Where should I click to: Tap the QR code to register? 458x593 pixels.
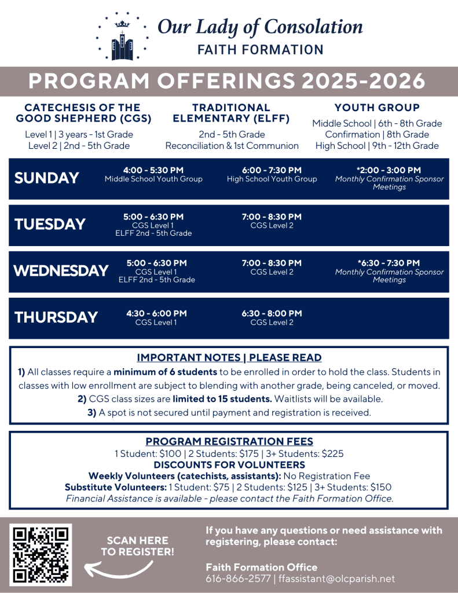click(x=41, y=554)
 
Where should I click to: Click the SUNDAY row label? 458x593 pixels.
click(x=46, y=178)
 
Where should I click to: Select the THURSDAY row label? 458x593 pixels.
click(x=56, y=317)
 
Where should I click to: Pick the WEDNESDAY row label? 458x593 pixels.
click(x=61, y=270)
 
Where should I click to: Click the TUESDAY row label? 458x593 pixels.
click(x=50, y=224)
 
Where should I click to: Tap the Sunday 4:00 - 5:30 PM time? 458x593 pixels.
click(x=153, y=170)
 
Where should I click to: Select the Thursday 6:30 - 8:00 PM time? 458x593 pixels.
click(x=272, y=313)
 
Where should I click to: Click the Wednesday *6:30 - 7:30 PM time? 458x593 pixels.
click(x=389, y=263)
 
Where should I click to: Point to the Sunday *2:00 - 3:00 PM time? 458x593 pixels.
click(x=389, y=170)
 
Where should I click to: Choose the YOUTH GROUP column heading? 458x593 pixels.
click(x=377, y=108)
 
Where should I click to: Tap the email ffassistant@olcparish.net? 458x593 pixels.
click(x=337, y=579)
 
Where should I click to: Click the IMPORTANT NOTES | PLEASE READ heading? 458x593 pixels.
click(x=229, y=358)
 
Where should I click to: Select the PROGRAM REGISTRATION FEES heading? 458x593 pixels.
click(x=229, y=441)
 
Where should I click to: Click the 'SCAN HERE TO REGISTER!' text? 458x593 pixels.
click(x=138, y=546)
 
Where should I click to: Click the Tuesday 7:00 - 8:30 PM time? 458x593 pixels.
click(x=272, y=217)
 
